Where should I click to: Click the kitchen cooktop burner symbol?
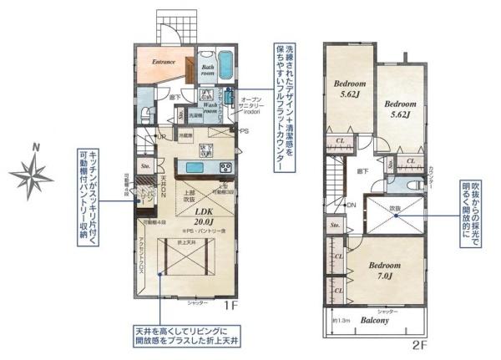(225, 168)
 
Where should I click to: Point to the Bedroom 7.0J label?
(386, 270)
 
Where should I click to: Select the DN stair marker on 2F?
(352, 205)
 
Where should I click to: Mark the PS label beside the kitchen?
(245, 131)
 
